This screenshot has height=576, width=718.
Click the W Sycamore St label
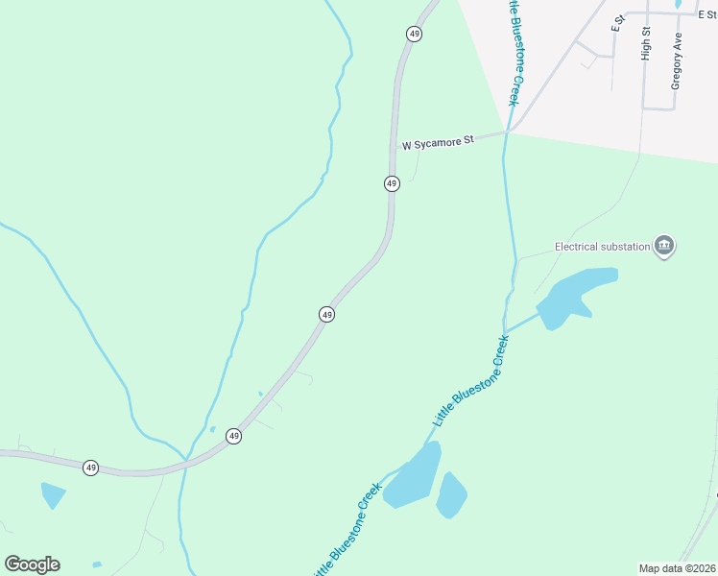(439, 142)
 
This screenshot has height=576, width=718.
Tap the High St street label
(646, 44)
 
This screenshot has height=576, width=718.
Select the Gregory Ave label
(677, 60)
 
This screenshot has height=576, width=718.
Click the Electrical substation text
(602, 247)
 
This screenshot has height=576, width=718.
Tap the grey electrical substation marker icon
(664, 247)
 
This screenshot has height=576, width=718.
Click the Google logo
(32, 564)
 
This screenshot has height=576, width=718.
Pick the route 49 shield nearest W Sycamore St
(392, 183)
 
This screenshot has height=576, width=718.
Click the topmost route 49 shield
(414, 34)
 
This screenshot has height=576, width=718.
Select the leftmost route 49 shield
(90, 468)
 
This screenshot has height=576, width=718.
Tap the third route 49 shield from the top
(327, 314)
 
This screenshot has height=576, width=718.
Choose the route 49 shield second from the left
(233, 436)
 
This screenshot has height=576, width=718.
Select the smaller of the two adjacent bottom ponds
(451, 494)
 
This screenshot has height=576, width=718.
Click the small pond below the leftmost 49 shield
(53, 495)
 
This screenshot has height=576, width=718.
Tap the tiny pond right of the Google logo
(96, 564)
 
